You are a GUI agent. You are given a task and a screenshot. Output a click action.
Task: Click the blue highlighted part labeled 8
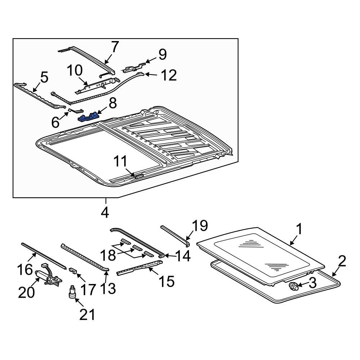[x=89, y=117]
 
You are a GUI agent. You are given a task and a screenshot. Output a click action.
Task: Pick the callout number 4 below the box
[x=105, y=212]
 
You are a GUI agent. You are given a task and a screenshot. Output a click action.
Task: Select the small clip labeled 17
[x=73, y=270]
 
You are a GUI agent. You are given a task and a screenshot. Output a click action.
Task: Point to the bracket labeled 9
[x=135, y=67]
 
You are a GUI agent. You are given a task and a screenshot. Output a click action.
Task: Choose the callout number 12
[x=168, y=76]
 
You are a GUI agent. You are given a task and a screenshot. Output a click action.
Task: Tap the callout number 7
[x=114, y=47]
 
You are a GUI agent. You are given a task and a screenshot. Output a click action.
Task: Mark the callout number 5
[x=44, y=77]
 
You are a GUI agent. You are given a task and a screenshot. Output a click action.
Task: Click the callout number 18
[x=107, y=255]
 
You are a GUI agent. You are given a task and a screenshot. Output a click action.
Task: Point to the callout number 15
[x=166, y=281]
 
